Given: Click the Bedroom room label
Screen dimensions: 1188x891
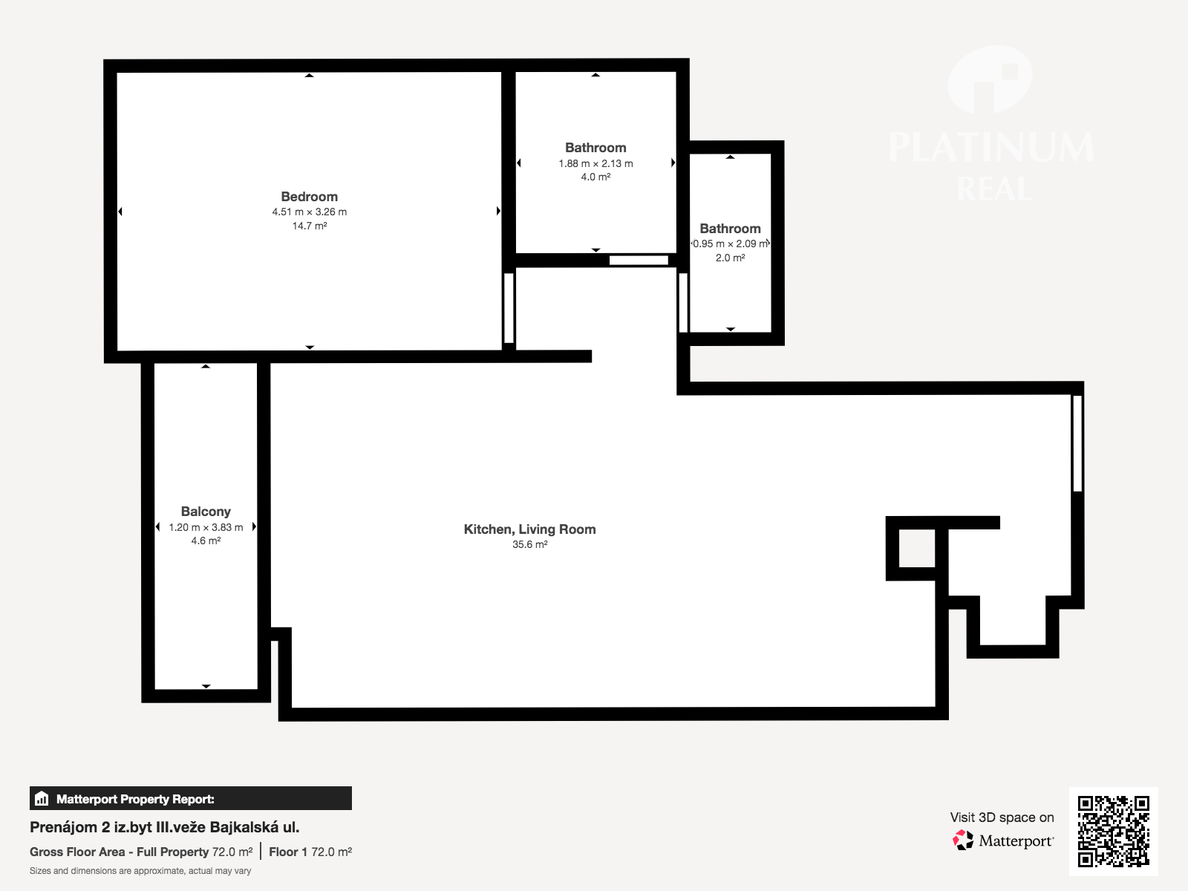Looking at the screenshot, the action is tap(309, 196).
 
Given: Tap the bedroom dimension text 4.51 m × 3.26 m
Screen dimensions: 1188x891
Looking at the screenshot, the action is tap(309, 212).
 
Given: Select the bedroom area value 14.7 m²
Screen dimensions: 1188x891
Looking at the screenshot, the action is tap(309, 226).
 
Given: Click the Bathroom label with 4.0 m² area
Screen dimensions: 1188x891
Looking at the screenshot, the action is tap(595, 148).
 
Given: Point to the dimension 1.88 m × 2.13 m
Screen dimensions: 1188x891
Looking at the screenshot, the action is tap(595, 163).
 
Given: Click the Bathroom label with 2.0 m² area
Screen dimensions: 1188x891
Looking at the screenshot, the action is tap(730, 228).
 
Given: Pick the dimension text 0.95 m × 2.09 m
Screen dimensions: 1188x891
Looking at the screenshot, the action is tap(730, 244).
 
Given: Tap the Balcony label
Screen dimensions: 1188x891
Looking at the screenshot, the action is tap(206, 512).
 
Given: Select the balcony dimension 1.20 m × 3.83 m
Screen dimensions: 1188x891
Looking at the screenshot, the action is tap(206, 527).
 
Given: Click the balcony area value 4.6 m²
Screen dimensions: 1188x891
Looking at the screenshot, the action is tap(206, 541).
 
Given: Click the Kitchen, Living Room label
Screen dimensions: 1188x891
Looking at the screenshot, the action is tap(529, 529).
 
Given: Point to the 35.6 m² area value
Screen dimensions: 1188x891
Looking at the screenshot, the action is tap(529, 544).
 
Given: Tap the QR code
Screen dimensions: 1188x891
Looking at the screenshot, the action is tap(1113, 831).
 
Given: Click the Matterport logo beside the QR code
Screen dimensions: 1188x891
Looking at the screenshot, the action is tap(1003, 841).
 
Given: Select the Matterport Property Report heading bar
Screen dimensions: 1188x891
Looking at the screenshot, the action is tap(191, 798).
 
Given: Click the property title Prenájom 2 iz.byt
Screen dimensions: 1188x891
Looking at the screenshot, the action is tap(165, 827).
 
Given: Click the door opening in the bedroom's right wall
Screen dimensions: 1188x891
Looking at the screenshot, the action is tap(509, 308).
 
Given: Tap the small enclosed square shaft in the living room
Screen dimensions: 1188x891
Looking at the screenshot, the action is tap(917, 548).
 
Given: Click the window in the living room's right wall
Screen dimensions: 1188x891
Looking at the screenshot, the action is tap(1077, 443).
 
